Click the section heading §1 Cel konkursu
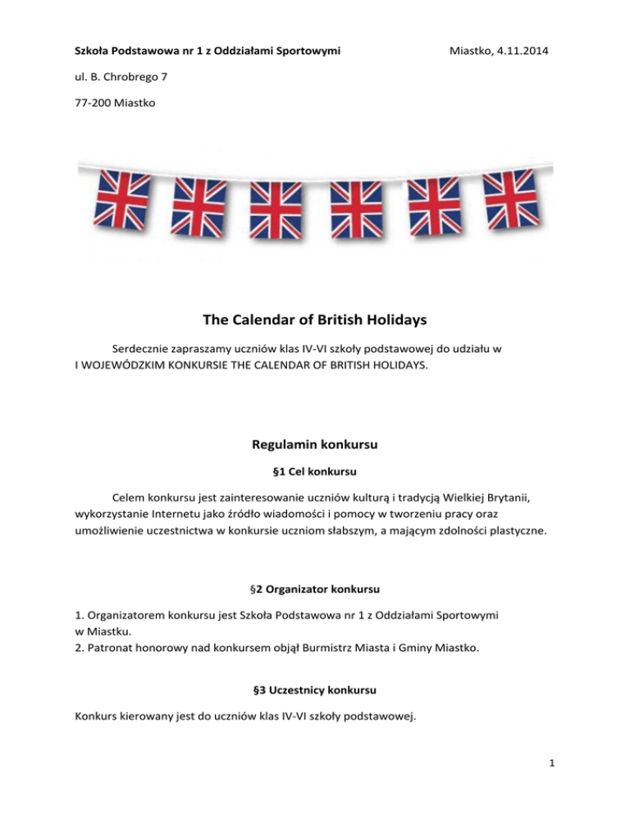coord(314,473)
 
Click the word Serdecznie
coord(144,349)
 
